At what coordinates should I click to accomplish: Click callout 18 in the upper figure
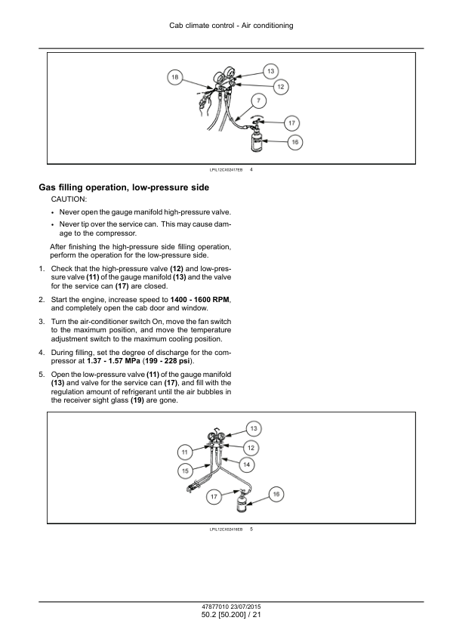tap(174, 78)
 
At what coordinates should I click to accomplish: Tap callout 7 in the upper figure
tap(259, 100)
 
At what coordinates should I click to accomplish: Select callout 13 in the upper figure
tap(270, 72)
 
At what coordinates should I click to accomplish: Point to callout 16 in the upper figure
tap(294, 142)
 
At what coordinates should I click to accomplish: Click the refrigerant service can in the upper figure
tap(257, 140)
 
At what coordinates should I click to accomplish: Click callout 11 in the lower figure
tap(185, 452)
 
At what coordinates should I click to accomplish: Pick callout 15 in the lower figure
tap(185, 471)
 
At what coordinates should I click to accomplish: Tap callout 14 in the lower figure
tap(246, 465)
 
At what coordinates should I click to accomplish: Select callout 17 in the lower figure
tap(214, 496)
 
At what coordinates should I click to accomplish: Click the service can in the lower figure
tap(241, 502)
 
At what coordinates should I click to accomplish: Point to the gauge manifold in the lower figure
tap(217, 439)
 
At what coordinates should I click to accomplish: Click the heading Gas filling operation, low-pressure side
tap(124, 187)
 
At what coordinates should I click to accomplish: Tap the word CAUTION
tap(69, 199)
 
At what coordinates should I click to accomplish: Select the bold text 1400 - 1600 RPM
tap(200, 300)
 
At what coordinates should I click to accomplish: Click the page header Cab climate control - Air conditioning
tap(231, 26)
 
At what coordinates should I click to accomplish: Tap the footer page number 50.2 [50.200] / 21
tap(231, 615)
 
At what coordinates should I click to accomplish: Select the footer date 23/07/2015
tap(246, 607)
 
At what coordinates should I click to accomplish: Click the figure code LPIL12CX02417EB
tap(226, 170)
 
